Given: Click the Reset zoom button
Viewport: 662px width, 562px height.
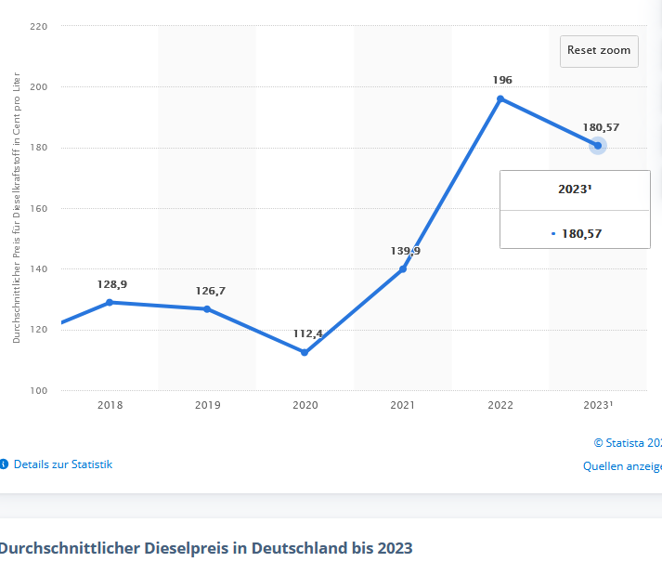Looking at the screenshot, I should [599, 50].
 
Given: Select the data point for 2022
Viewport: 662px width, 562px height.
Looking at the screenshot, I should [500, 98].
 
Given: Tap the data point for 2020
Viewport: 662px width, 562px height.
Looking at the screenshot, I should [305, 352].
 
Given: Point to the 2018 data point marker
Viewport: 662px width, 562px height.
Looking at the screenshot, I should [110, 302].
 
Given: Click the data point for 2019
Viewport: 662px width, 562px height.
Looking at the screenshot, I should [207, 308].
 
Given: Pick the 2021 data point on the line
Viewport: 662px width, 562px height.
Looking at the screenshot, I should [403, 268].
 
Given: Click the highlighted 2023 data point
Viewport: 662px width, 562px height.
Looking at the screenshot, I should [598, 146].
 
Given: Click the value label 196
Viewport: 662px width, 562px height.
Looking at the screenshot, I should [502, 80].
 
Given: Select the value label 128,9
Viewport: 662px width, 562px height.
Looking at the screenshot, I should [112, 283].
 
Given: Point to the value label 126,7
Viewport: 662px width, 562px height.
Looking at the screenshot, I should [210, 291].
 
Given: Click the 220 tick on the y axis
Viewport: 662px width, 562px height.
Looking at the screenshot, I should [38, 26].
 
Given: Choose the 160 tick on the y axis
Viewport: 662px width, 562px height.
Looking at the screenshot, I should [38, 208].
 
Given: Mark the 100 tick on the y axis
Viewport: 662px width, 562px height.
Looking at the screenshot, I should [38, 390].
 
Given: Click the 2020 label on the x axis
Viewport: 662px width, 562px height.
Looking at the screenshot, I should [305, 405].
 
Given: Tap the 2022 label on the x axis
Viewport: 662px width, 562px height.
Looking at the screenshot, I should [500, 405].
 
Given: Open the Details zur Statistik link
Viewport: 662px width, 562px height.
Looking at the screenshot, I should [62, 464].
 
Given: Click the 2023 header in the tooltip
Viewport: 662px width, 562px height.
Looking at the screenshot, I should [574, 189].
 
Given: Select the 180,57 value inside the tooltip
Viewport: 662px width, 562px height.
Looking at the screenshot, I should [581, 233].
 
